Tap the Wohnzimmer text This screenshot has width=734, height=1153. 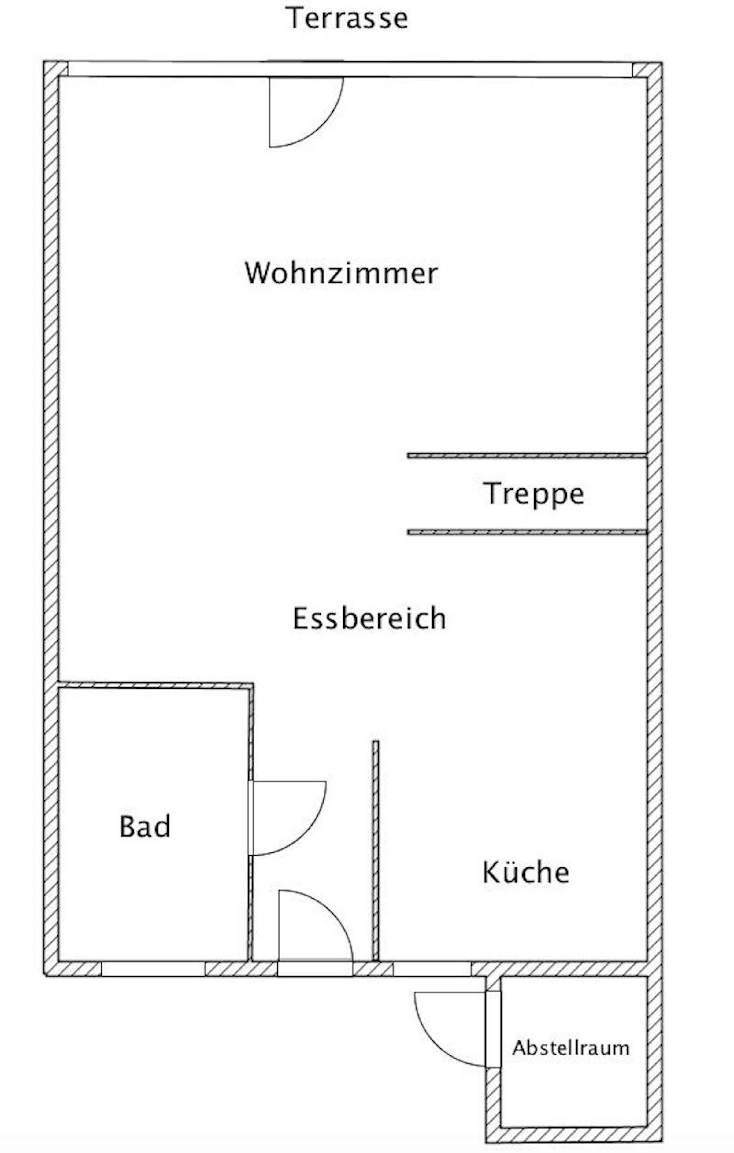(x=341, y=273)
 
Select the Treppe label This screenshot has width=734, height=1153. (x=533, y=494)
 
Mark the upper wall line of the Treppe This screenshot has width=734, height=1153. (x=527, y=455)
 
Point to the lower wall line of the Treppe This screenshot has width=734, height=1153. (x=527, y=532)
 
